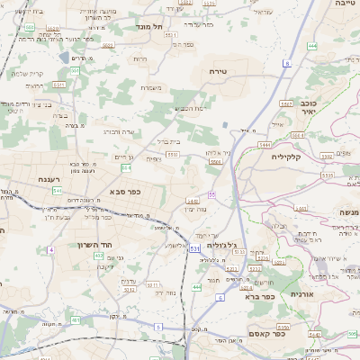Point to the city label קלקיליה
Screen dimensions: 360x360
coord(290,156)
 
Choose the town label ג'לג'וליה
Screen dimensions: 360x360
coord(220,245)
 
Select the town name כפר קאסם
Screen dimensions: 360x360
coord(267,331)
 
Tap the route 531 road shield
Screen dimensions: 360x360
coord(194,248)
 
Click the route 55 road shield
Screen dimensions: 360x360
coord(211,193)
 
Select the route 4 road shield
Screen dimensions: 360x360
coord(52,248)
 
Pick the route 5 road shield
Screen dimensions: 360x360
coord(157,327)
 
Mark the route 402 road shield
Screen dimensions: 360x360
coord(98,256)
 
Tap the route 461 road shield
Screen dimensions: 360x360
coord(75,319)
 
